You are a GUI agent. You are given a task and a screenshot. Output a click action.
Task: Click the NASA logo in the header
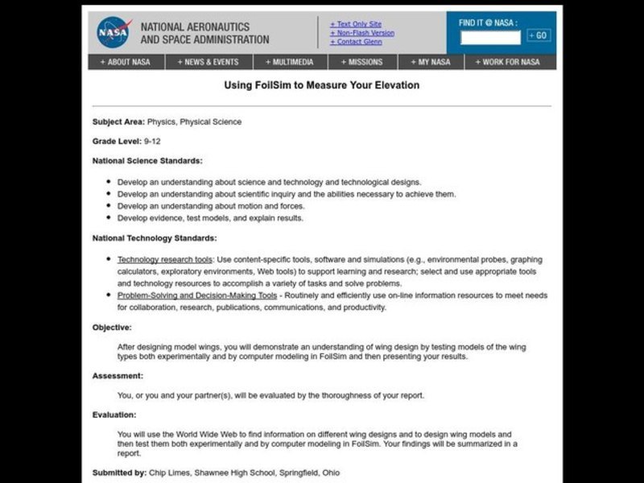pyautogui.click(x=114, y=32)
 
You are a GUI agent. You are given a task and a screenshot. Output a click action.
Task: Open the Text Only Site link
pyautogui.click(x=357, y=24)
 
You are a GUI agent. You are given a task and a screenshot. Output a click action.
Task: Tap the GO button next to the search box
pyautogui.click(x=539, y=35)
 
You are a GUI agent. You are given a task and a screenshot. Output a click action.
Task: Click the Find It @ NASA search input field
pyautogui.click(x=490, y=36)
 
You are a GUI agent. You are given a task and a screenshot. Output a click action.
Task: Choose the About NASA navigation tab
pyautogui.click(x=126, y=62)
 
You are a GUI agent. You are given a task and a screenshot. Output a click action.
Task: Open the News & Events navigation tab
pyautogui.click(x=209, y=62)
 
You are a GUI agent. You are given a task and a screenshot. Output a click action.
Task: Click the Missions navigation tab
pyautogui.click(x=366, y=62)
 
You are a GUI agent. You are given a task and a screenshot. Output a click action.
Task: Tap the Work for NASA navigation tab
pyautogui.click(x=508, y=62)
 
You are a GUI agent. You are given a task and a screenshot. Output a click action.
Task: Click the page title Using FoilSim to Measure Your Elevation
pyautogui.click(x=321, y=85)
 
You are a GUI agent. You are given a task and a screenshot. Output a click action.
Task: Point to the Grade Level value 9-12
pyautogui.click(x=153, y=141)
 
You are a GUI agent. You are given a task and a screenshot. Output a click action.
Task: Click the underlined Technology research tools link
pyautogui.click(x=165, y=260)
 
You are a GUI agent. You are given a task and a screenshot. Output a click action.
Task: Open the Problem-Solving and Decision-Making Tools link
pyautogui.click(x=197, y=295)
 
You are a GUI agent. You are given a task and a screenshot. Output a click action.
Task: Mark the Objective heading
pyautogui.click(x=112, y=328)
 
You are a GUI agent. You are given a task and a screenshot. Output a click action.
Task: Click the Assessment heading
pyautogui.click(x=118, y=376)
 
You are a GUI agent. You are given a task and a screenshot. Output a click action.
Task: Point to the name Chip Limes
pyautogui.click(x=168, y=473)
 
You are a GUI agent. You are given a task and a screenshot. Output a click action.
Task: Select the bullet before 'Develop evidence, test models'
pyautogui.click(x=108, y=218)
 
